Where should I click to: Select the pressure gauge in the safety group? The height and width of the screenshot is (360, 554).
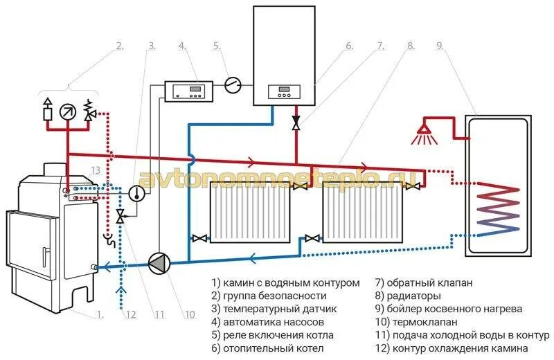click(68, 110)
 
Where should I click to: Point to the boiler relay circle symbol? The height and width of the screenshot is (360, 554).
click(233, 85)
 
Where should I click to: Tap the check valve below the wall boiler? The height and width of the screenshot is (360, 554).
click(296, 124)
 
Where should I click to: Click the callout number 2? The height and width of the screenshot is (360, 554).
click(119, 46)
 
